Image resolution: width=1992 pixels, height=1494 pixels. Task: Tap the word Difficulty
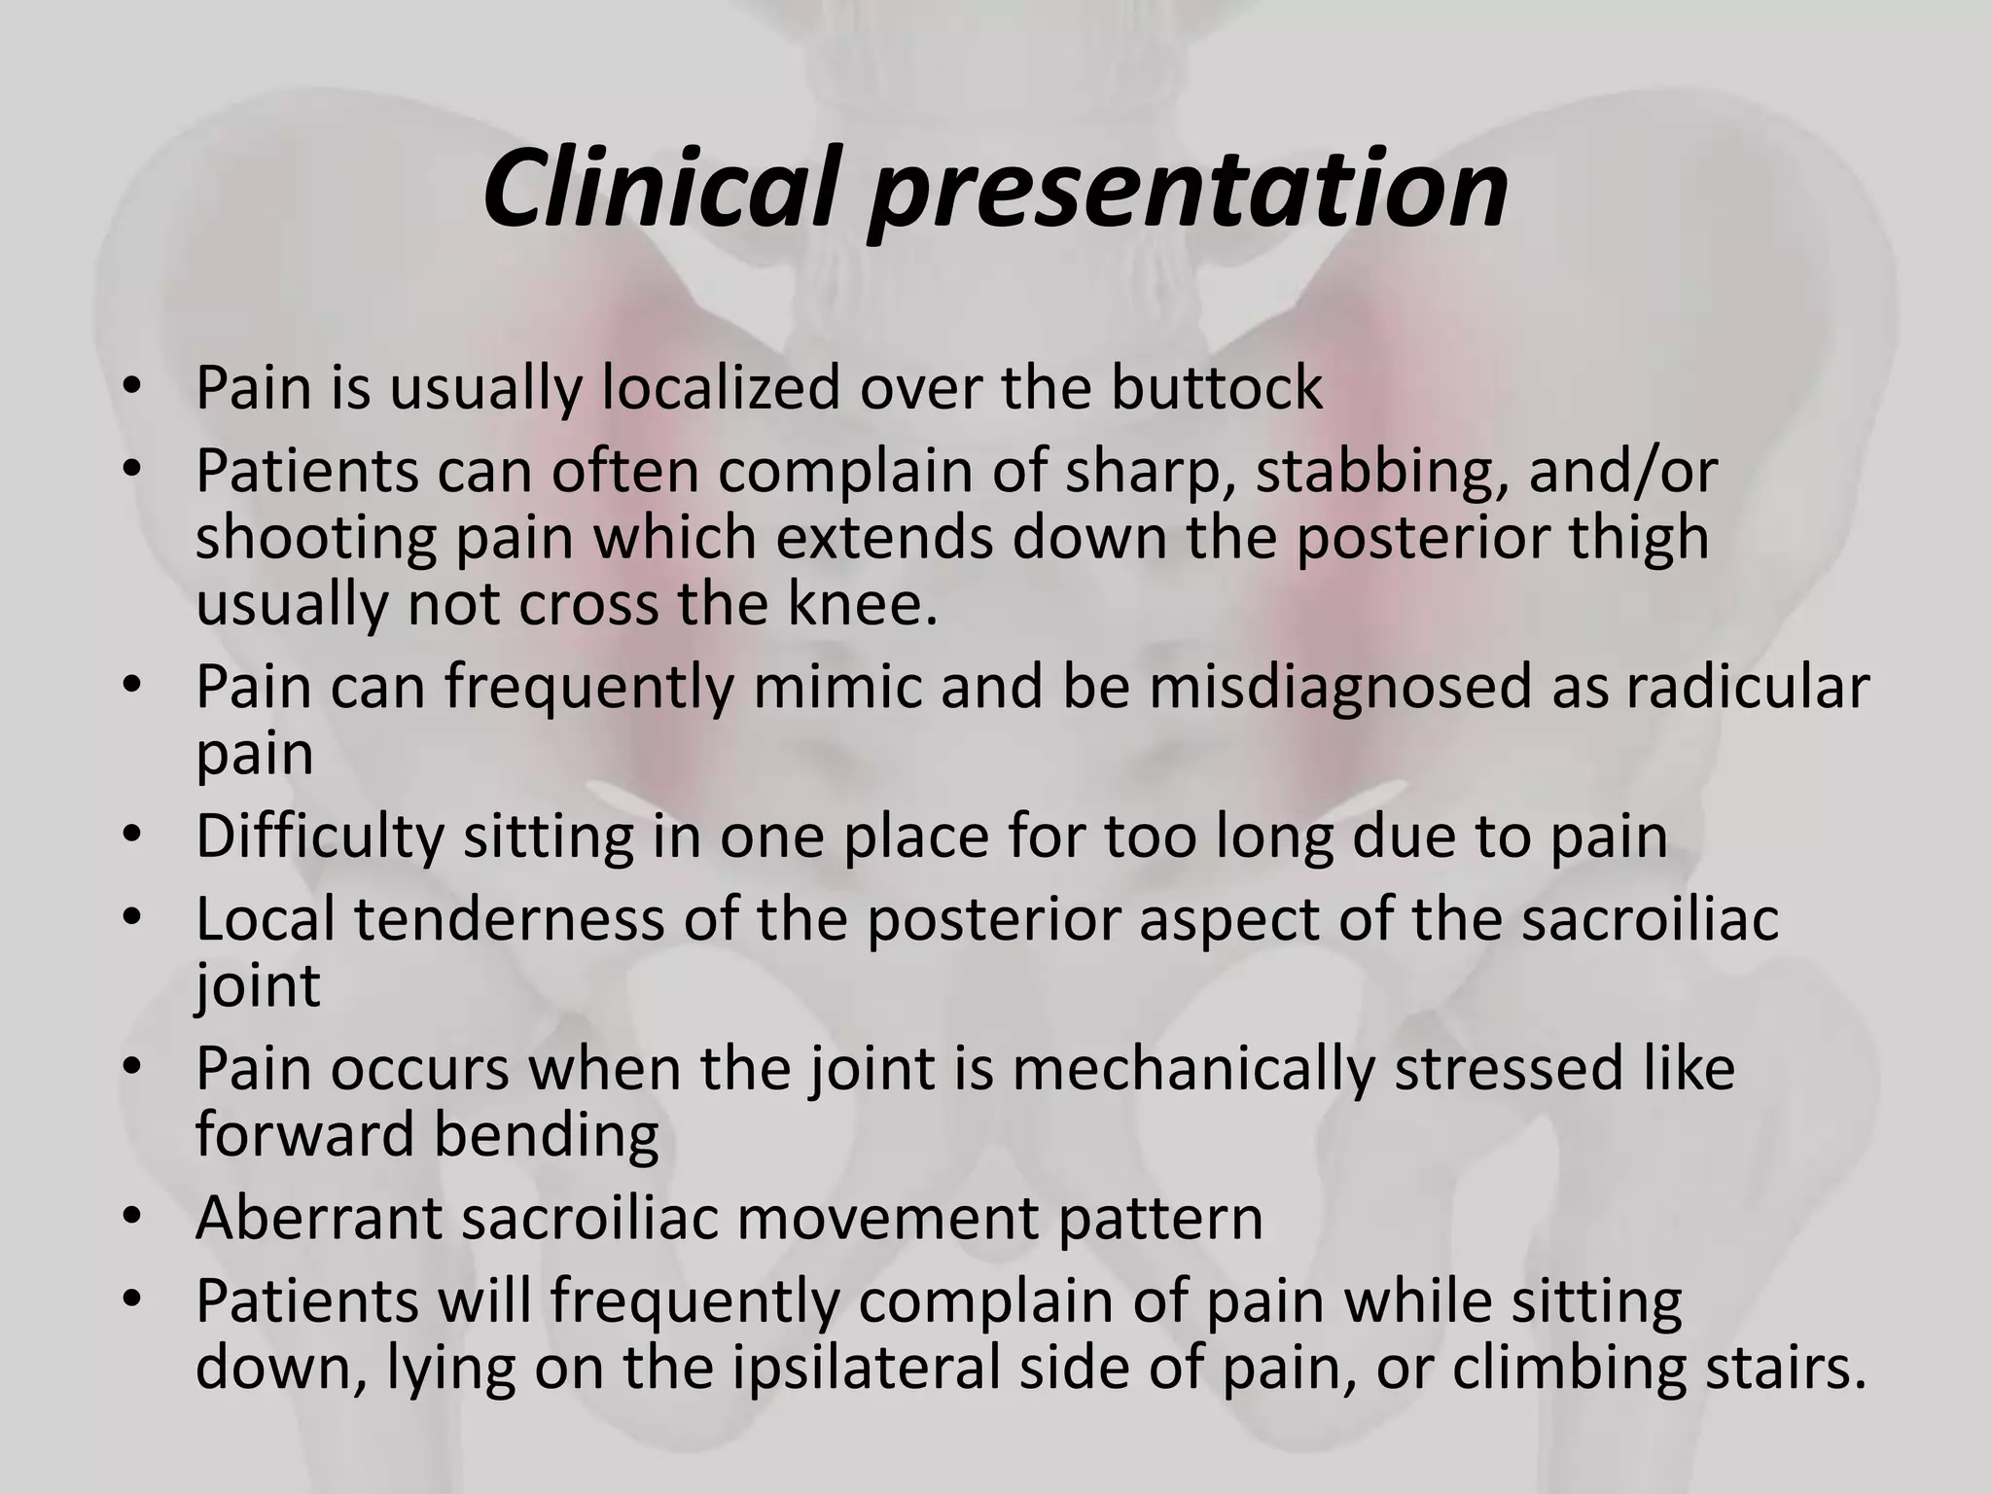point(319,836)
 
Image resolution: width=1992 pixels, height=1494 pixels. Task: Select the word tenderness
point(507,918)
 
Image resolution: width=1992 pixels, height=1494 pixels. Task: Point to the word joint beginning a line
point(257,986)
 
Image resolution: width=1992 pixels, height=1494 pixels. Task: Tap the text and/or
point(1623,472)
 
